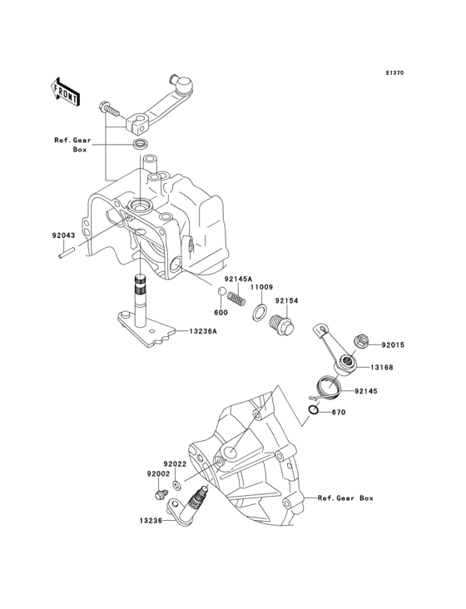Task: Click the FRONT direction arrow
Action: [65, 89]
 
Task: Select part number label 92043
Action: [63, 236]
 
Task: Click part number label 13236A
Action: [201, 332]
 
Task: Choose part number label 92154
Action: [287, 301]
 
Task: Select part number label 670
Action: [338, 413]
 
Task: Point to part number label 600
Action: [221, 313]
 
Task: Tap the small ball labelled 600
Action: [222, 291]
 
